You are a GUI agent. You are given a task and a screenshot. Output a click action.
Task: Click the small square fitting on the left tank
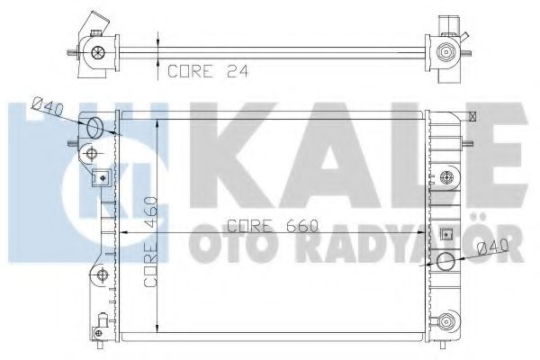pos(102,176)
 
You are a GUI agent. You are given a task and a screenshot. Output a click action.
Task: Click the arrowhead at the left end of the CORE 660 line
pos(123,232)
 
